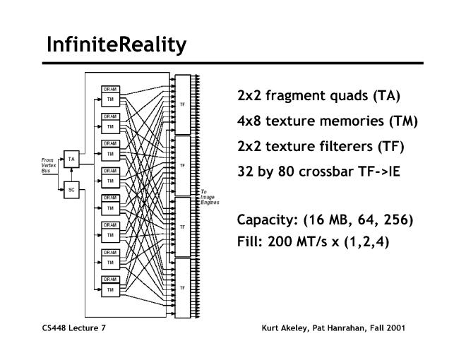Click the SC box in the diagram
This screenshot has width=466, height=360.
71,190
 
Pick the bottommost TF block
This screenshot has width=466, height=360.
182,288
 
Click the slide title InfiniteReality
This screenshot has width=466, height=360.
116,44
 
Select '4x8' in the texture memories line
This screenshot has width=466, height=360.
250,121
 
